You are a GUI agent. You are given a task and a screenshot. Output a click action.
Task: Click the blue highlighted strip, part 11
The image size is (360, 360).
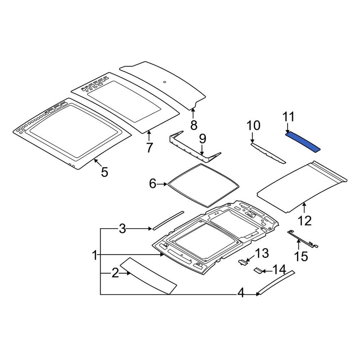click(303, 142)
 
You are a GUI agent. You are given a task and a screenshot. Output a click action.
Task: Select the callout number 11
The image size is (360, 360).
click(288, 117)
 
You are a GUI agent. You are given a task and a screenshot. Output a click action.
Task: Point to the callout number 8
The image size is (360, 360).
click(194, 125)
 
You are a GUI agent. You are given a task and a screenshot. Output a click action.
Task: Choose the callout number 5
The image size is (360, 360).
click(104, 172)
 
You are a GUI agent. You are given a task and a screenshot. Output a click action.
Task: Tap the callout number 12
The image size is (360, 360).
click(305, 220)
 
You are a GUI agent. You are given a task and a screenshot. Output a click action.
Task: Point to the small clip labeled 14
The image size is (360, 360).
click(258, 271)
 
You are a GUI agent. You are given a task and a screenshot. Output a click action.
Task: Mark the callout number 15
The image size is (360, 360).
click(301, 256)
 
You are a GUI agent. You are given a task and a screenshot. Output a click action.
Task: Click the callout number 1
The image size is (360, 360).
click(94, 256)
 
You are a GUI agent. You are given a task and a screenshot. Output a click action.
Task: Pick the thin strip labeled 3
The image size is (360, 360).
click(168, 220)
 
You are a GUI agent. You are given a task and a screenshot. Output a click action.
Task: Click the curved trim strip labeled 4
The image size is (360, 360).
click(275, 282)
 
